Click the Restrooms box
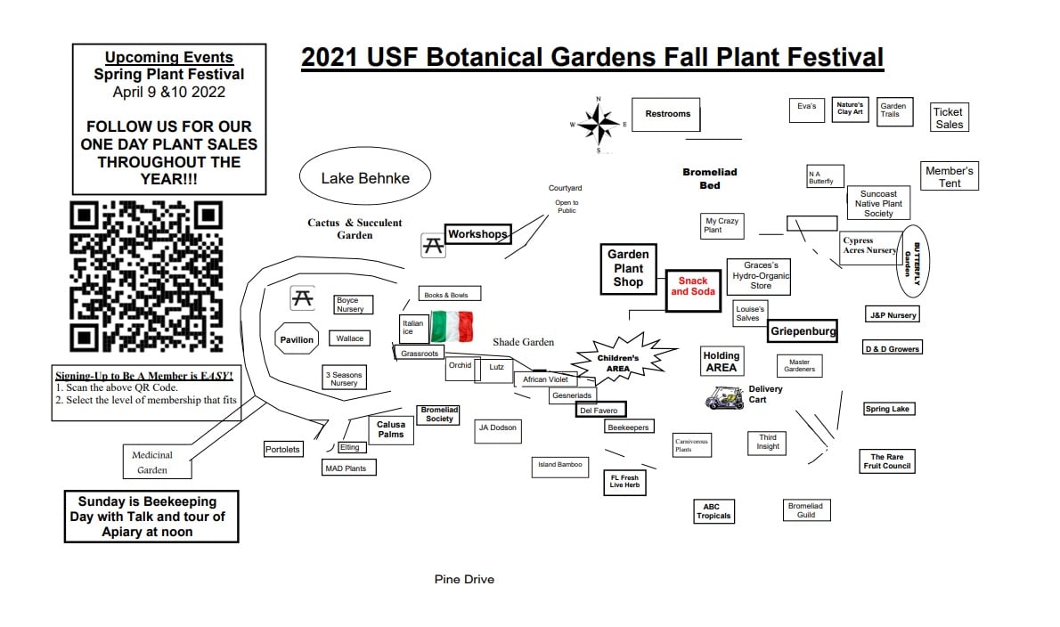(666, 114)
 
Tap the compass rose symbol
(599, 125)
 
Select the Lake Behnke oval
(365, 176)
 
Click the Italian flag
(452, 326)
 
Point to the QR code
(146, 276)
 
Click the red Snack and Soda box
(693, 290)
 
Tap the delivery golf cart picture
(724, 397)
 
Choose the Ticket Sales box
(949, 117)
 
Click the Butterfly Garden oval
(913, 262)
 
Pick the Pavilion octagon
(297, 339)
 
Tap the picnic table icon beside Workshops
(433, 245)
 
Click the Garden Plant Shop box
(628, 269)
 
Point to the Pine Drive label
(464, 579)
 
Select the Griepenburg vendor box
(803, 331)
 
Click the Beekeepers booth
(628, 427)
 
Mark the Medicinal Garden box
(157, 461)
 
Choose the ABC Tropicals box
(713, 511)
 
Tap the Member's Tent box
(950, 176)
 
